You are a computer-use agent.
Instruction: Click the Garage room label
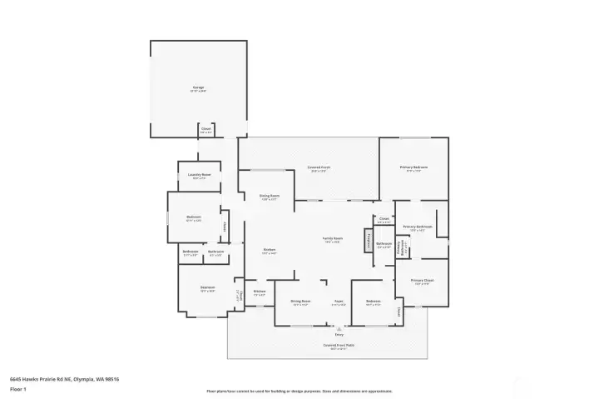198,87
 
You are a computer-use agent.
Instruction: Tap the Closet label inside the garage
205,130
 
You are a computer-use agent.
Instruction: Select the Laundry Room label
200,176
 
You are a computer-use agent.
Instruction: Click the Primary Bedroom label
413,168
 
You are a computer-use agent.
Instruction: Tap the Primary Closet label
422,281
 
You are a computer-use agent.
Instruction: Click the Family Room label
333,239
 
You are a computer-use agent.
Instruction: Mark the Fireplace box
368,241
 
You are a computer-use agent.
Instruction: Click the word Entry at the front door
339,334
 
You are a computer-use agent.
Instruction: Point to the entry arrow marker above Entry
339,328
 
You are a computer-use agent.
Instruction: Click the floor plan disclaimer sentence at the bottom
299,391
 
